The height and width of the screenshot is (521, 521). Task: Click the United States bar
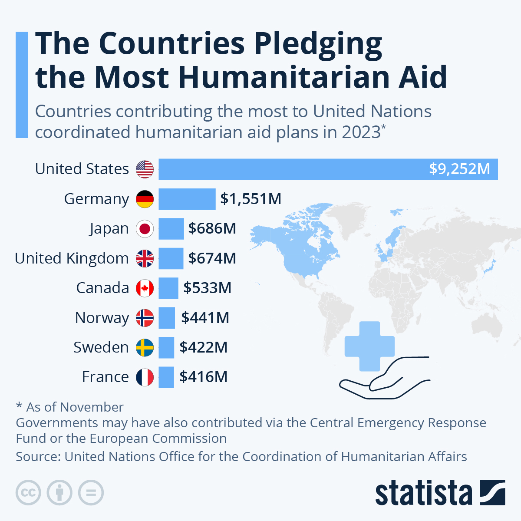(x=304, y=169)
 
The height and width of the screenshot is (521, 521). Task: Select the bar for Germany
(x=187, y=199)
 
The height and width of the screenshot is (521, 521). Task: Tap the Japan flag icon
(x=145, y=229)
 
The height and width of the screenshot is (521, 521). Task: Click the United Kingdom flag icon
(x=145, y=258)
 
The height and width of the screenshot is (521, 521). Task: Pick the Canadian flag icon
(x=145, y=288)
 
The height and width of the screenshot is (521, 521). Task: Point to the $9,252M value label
(x=459, y=169)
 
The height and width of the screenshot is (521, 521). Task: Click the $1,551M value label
(x=251, y=199)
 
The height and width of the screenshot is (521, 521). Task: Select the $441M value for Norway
(x=205, y=318)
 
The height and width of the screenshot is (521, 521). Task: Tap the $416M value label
(x=203, y=377)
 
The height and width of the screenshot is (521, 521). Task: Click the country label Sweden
(x=101, y=347)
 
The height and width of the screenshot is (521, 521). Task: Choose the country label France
(x=105, y=377)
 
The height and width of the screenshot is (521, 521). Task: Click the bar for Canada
(x=168, y=288)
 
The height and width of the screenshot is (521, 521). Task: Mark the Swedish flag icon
(x=145, y=347)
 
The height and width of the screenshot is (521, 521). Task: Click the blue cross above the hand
(x=369, y=346)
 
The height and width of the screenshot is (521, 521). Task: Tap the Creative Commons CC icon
(x=28, y=493)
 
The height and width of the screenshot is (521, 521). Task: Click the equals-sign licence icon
(x=91, y=493)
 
